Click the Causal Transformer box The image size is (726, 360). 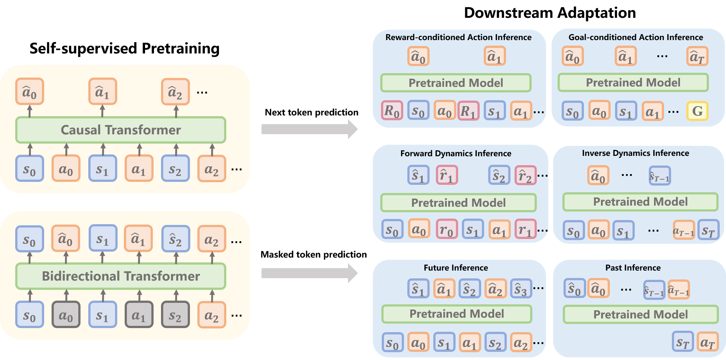(x=121, y=130)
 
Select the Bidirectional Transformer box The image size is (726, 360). (x=121, y=276)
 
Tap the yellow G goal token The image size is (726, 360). (x=697, y=111)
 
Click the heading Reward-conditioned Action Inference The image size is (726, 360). (x=458, y=37)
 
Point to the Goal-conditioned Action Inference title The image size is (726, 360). (x=635, y=37)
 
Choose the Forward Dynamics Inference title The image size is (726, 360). (x=456, y=153)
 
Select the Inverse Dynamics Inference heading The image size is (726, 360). (x=635, y=153)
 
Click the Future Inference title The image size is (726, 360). (x=456, y=268)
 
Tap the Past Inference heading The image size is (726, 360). (x=633, y=268)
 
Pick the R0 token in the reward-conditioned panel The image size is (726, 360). (x=392, y=111)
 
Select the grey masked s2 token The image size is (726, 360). (x=175, y=315)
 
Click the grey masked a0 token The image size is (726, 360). (x=66, y=315)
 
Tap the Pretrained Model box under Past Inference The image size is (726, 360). (x=640, y=314)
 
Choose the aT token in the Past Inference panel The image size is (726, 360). (x=707, y=342)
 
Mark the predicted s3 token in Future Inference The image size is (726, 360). (x=520, y=289)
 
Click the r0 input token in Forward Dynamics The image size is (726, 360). (x=446, y=229)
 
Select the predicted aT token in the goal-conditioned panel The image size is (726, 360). (x=697, y=56)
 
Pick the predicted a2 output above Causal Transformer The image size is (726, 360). (x=175, y=92)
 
